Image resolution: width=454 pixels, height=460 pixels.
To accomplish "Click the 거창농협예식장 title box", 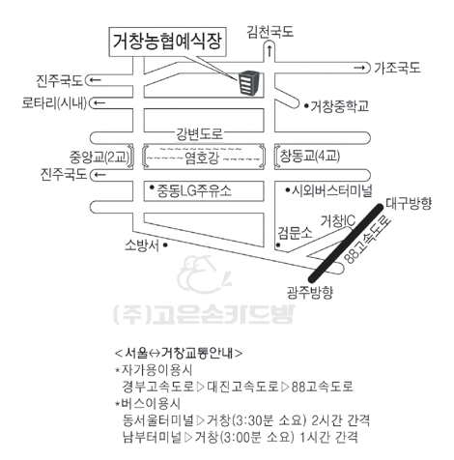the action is tap(168, 43).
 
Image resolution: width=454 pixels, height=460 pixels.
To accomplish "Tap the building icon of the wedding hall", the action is tap(248, 83).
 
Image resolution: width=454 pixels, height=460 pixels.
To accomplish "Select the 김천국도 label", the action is tap(270, 32).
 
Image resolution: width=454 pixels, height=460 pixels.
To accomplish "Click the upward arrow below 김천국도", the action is tap(270, 51).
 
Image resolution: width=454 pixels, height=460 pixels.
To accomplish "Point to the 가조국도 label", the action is tap(397, 68).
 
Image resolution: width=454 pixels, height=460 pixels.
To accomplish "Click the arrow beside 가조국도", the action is tap(359, 68).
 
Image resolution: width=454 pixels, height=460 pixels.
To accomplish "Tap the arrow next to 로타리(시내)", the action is tap(99, 103).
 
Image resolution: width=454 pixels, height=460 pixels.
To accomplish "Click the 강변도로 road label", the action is tap(199, 133).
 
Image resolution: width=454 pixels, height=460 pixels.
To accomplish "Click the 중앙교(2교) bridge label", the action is tap(99, 158).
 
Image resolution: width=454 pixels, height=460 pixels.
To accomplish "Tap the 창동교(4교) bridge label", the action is tap(310, 157).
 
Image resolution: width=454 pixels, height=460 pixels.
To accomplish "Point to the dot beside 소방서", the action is tap(165, 245).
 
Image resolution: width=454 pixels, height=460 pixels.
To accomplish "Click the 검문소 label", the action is tap(295, 233).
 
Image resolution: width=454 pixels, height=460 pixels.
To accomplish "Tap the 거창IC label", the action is tap(338, 221).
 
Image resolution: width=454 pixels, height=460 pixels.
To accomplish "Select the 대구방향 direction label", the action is tap(409, 203).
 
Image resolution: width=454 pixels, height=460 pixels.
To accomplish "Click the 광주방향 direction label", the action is tap(310, 292).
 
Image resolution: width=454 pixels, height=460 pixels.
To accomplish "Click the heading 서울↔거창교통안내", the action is tap(179, 353).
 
